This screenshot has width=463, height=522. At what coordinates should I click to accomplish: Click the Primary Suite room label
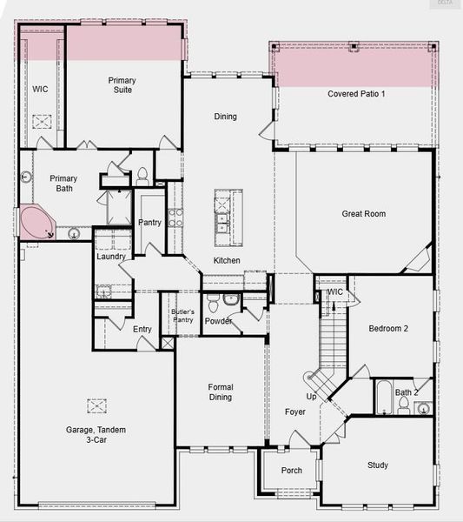[122, 84]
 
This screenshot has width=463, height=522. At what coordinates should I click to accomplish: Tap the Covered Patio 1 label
[356, 93]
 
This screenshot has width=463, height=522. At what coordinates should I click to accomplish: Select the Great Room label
[363, 213]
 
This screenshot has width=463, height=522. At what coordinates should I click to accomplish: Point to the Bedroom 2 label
[387, 328]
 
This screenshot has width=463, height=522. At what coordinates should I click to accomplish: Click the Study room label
[377, 465]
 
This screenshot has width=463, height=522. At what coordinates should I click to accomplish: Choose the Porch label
[292, 471]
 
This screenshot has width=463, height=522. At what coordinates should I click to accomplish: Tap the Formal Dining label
[221, 392]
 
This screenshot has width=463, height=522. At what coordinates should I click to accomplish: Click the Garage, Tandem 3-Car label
[97, 434]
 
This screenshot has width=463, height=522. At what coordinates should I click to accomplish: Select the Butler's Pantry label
[182, 316]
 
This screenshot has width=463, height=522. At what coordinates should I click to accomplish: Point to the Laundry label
[111, 257]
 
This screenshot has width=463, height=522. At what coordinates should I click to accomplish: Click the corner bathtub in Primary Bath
[36, 223]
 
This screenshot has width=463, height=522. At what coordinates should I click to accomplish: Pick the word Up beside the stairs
[311, 397]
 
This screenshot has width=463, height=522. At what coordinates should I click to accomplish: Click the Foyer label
[295, 412]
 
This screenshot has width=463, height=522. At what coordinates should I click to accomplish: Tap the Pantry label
[149, 223]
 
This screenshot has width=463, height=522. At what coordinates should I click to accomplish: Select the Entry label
[142, 329]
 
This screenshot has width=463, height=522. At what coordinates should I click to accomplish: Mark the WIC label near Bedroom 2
[335, 292]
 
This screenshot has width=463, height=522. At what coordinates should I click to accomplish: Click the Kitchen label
[227, 261]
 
